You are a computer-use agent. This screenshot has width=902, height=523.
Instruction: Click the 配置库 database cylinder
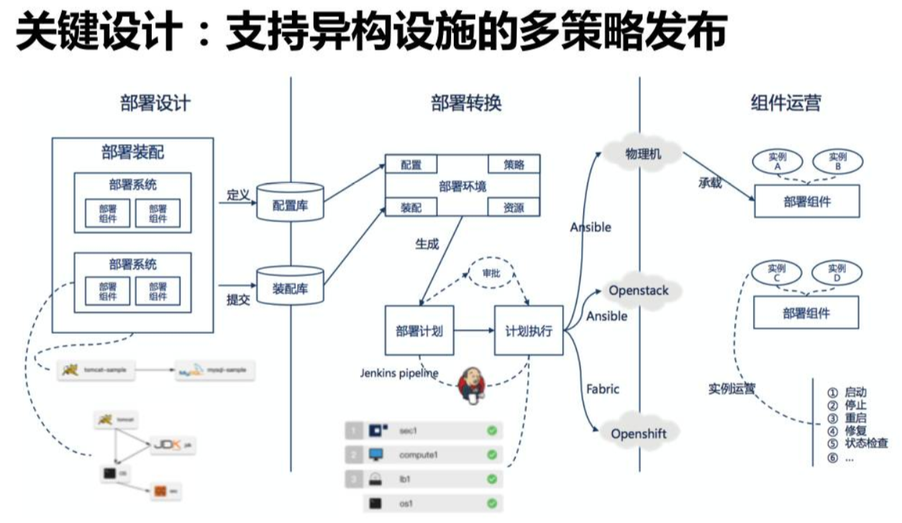tap(289, 204)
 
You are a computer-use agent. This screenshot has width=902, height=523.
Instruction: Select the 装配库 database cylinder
tap(290, 287)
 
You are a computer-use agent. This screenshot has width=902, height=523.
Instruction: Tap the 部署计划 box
tap(419, 331)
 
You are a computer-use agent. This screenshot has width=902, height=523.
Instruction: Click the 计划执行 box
tap(529, 331)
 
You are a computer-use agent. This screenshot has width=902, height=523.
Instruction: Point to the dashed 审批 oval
tap(491, 274)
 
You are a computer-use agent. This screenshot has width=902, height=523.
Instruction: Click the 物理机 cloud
tap(642, 153)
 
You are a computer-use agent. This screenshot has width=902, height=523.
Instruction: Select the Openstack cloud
tap(639, 291)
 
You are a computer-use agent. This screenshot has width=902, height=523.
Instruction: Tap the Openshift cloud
tap(639, 433)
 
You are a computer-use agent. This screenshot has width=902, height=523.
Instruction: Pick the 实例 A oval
tap(775, 161)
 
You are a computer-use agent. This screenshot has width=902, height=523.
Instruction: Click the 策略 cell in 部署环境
tap(514, 164)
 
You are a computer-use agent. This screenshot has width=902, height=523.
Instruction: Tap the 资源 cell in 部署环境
tap(514, 208)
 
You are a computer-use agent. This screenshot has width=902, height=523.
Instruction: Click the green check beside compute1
tap(492, 455)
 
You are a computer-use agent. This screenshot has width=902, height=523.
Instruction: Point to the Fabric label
tap(603, 388)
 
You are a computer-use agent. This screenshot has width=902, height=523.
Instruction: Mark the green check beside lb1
tap(492, 479)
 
